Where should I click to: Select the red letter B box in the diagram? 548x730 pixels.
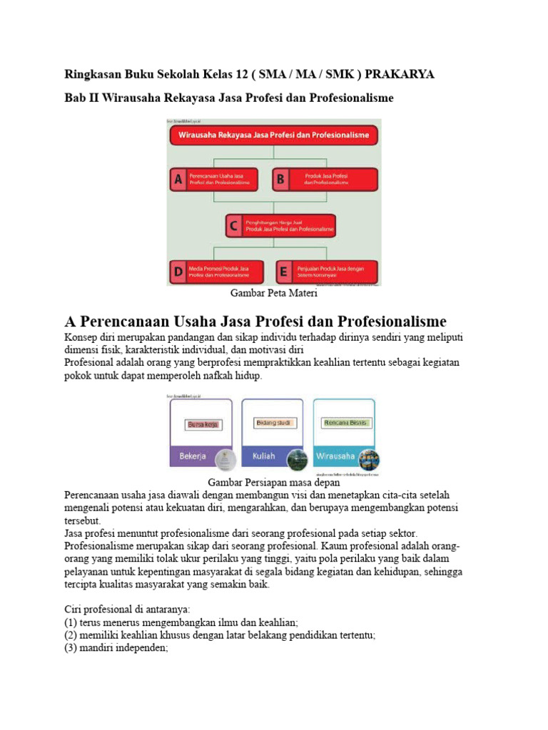280,179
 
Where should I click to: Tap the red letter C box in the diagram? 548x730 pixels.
233,226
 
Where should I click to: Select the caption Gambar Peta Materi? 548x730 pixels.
273,293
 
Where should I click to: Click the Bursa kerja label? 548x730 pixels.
203,425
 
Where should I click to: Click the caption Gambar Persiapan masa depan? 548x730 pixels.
273,483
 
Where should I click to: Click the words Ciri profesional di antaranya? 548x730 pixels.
126,610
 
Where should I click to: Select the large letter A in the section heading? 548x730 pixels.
71,321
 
